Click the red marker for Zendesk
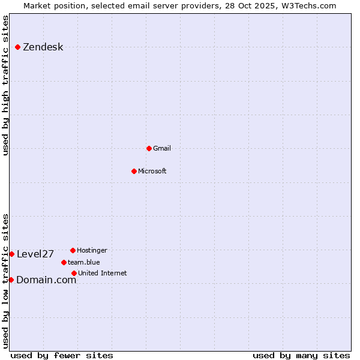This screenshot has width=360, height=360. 17,47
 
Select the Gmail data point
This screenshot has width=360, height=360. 149,148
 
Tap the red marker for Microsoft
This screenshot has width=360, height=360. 134,171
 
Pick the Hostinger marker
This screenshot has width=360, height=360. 73,250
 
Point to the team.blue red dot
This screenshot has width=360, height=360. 64,262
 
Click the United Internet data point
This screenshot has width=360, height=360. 74,273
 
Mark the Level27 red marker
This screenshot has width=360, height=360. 11,254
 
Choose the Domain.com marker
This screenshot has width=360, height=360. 11,280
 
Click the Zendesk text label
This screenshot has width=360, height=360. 43,47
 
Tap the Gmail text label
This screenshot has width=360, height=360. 162,149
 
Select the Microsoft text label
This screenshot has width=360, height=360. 152,172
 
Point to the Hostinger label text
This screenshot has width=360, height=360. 92,251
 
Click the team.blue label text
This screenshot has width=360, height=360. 83,263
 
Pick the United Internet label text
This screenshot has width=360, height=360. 102,274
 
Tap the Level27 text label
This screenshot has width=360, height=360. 35,254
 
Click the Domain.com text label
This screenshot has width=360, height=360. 46,280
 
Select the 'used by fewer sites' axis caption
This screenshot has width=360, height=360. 62,355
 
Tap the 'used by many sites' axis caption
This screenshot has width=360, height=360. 301,355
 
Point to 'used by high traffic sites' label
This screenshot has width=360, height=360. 5,85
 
